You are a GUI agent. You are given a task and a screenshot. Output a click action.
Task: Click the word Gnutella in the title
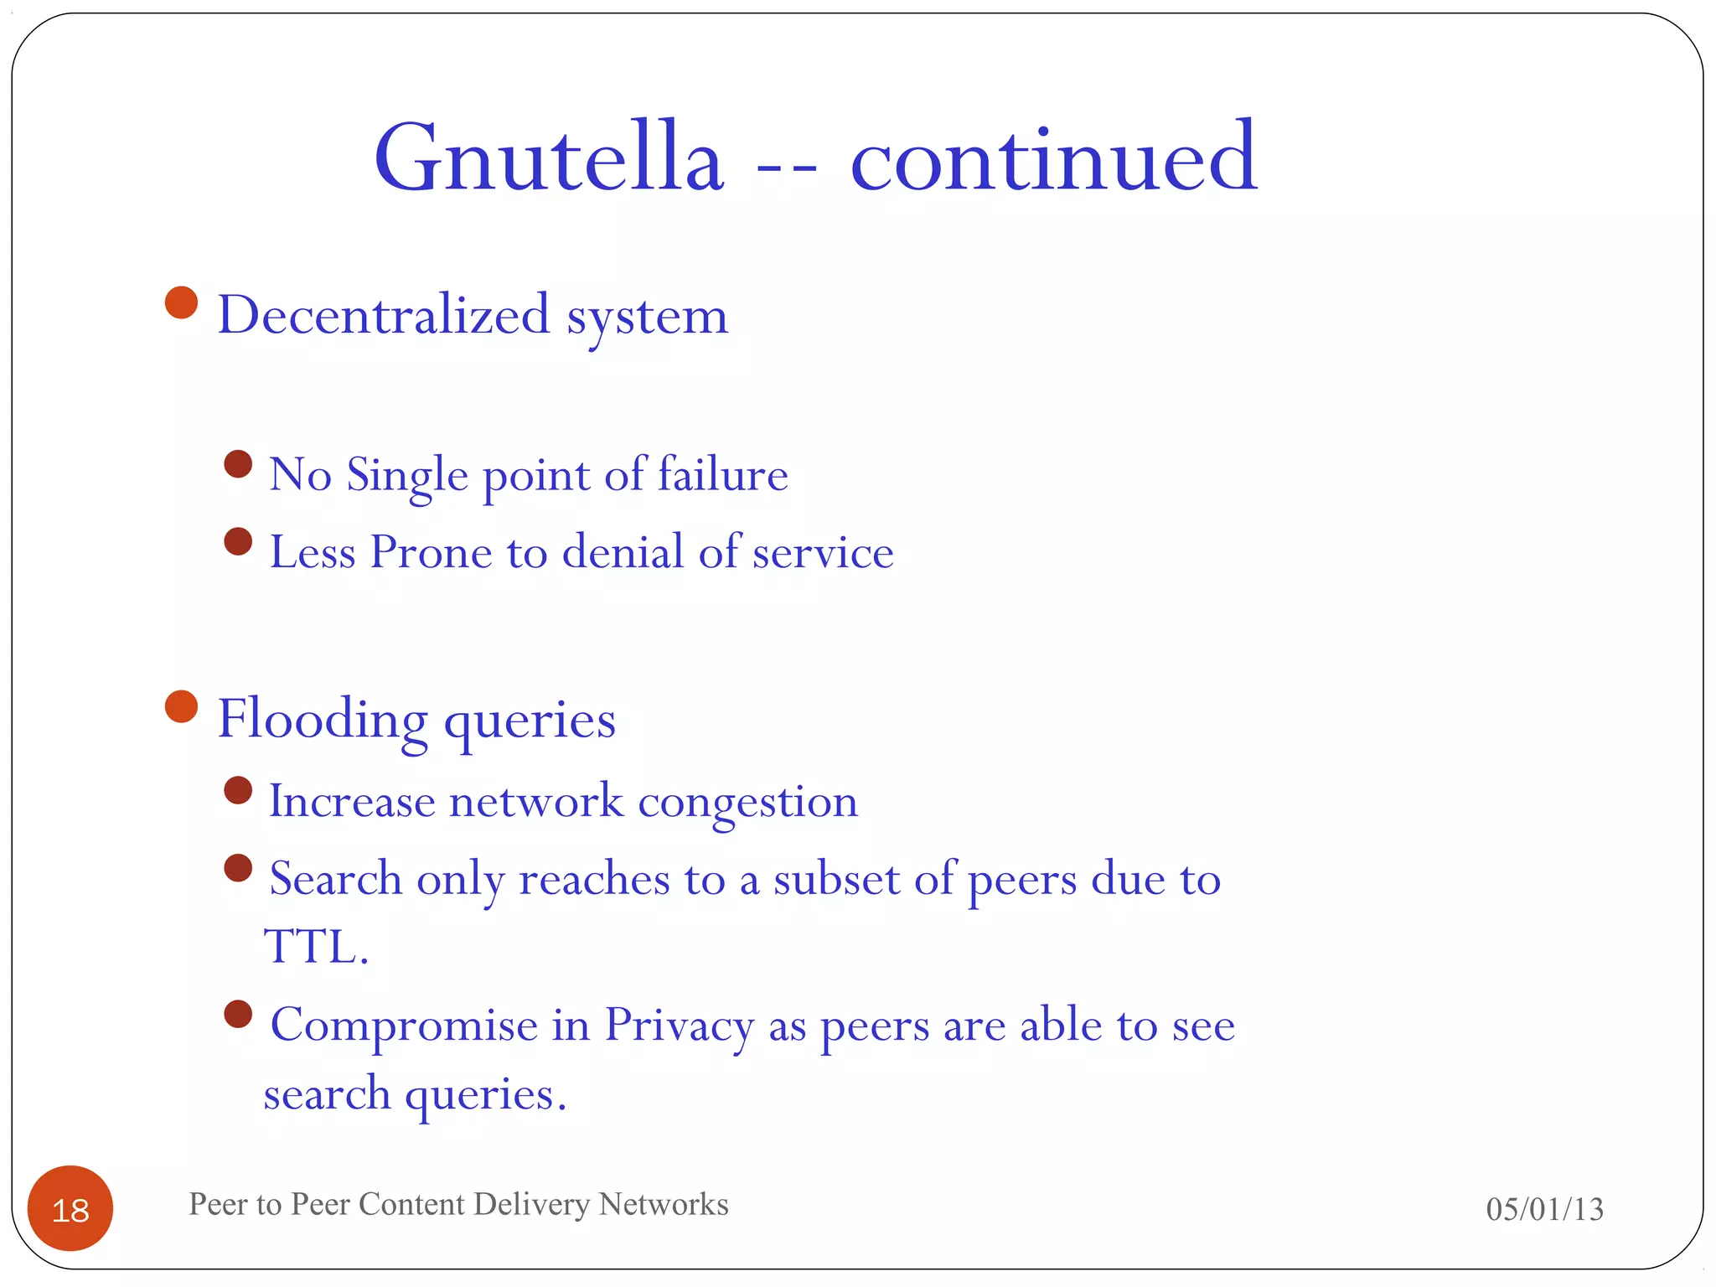tap(549, 159)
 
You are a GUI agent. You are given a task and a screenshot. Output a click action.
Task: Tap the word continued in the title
tap(1053, 159)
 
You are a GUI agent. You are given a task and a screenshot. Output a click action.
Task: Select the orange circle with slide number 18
tap(70, 1208)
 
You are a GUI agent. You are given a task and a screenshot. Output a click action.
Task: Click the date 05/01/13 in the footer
tap(1544, 1209)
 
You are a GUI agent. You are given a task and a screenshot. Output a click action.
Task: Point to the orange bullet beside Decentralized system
tap(181, 302)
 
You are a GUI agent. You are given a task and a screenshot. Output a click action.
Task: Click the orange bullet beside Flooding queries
tap(181, 706)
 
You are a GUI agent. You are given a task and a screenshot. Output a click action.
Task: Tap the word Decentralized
tap(384, 315)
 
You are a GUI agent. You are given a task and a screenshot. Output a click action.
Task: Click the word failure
tap(722, 474)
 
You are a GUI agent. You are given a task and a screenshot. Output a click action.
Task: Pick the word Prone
tap(431, 552)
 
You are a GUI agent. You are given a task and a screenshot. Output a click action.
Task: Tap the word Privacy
tap(679, 1026)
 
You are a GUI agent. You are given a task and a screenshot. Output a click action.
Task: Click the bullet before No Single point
tap(239, 463)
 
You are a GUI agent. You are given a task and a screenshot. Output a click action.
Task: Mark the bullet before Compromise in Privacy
tap(239, 1014)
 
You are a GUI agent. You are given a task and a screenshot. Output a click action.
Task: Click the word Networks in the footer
tap(664, 1204)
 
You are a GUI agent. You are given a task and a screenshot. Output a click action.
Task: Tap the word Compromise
tap(404, 1026)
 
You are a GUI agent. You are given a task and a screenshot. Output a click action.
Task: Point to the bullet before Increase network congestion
tap(239, 790)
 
